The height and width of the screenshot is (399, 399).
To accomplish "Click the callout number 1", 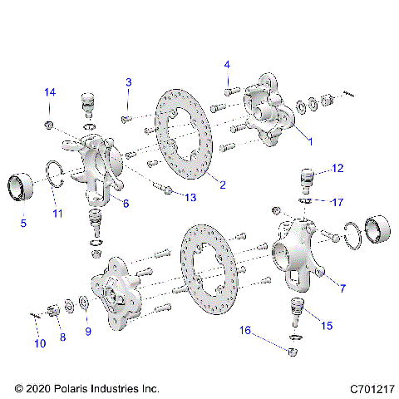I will [x=310, y=141].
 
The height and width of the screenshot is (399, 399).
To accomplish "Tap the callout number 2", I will [x=223, y=184].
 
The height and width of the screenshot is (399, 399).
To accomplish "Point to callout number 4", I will [x=227, y=64].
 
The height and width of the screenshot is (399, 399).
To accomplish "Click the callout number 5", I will [x=23, y=222].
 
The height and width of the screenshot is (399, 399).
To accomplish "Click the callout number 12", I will [x=336, y=169].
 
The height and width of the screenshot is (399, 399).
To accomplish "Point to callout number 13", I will [x=190, y=197].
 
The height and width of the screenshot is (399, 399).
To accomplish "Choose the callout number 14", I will [x=50, y=91].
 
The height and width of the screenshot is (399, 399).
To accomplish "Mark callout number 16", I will [x=246, y=330].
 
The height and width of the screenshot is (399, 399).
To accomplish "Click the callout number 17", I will [x=337, y=201].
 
